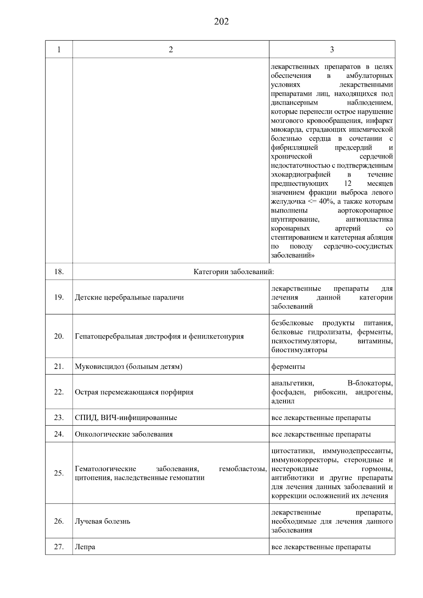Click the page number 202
(x=221, y=22)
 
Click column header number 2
(x=171, y=50)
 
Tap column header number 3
(x=332, y=50)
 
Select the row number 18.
(x=59, y=272)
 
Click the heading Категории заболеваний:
(x=234, y=272)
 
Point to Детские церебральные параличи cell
(x=129, y=297)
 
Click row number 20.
(x=59, y=336)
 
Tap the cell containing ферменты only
(x=288, y=366)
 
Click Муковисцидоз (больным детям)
(x=128, y=366)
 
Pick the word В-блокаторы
(x=370, y=383)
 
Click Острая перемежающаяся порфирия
(x=134, y=392)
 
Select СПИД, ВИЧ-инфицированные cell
(x=126, y=418)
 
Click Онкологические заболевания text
(x=124, y=434)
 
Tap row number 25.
(x=59, y=473)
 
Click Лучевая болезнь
(x=103, y=521)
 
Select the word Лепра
(x=85, y=547)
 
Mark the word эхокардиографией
(x=301, y=174)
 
